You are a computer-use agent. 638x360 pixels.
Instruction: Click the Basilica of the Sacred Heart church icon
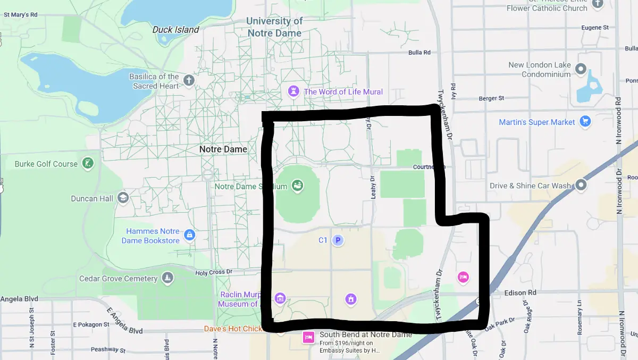tap(189, 81)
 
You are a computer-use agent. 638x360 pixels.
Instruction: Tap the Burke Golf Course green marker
tap(88, 164)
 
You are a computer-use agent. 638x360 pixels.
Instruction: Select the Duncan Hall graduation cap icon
tap(123, 198)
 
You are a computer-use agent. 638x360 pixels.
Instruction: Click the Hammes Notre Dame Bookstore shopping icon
tap(189, 235)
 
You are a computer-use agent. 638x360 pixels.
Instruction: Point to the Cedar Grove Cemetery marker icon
tap(167, 278)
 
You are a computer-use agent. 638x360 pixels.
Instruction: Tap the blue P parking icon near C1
tap(338, 240)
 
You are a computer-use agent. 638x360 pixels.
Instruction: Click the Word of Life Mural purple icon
tap(293, 91)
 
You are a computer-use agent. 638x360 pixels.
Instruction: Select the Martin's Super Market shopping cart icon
tap(585, 122)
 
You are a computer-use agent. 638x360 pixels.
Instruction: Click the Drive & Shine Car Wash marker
tap(581, 185)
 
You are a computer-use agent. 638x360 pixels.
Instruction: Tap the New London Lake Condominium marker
tap(581, 70)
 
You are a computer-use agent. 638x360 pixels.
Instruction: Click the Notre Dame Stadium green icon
tap(298, 186)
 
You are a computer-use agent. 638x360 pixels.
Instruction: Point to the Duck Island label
tap(175, 30)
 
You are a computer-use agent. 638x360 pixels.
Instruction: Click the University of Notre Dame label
tap(274, 27)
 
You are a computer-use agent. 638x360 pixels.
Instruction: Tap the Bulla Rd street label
tap(419, 53)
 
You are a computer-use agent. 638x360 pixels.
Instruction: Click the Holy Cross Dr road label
tap(214, 272)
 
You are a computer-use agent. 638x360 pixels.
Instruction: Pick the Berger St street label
tap(491, 98)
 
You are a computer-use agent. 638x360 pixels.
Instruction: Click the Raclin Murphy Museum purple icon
tap(280, 298)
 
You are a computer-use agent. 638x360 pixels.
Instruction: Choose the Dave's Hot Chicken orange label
tap(233, 329)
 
